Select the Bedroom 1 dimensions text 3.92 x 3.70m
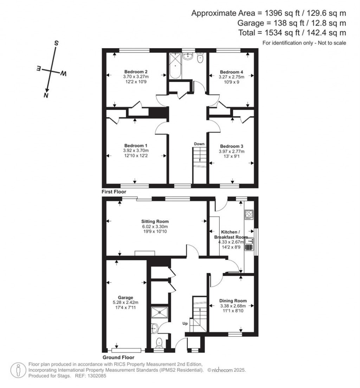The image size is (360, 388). pos(136,151)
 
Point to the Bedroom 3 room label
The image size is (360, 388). pos(231,146)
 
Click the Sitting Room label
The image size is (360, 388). pos(155,221)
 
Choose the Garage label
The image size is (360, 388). pos(126,297)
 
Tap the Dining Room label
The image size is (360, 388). pos(233,301)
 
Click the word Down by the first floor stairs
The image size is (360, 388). pos(199,144)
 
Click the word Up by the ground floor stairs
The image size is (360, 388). pos(185,323)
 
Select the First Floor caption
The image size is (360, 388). pos(114,192)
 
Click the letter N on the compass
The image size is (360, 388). pos(45,95)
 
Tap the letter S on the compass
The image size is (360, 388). pos(56,43)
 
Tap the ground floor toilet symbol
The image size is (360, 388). pos(159,341)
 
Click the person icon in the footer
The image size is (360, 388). pos(17,370)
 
